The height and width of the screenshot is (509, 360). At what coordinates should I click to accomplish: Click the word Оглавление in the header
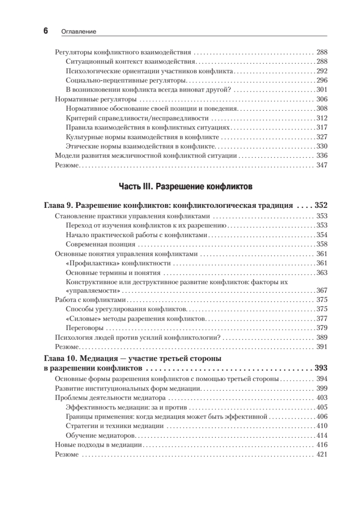79,31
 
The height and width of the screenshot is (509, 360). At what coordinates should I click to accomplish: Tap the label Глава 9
59,206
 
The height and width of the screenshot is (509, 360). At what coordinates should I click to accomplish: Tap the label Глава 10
61,359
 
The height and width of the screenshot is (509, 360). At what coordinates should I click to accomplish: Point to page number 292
322,71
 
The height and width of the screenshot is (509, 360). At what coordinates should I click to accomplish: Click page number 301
322,89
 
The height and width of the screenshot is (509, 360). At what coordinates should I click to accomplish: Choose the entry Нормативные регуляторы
95,99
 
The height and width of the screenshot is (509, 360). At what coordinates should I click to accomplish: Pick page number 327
322,137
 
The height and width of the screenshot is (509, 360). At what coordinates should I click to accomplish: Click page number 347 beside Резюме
322,165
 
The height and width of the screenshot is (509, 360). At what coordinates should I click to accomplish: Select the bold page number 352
321,206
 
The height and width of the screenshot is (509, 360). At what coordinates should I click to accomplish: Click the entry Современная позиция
101,244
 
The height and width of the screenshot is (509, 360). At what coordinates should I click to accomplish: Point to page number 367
322,291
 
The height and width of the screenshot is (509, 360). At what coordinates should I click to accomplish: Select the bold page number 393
321,368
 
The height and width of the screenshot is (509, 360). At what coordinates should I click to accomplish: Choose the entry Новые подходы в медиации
99,445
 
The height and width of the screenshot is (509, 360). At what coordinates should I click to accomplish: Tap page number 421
322,454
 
